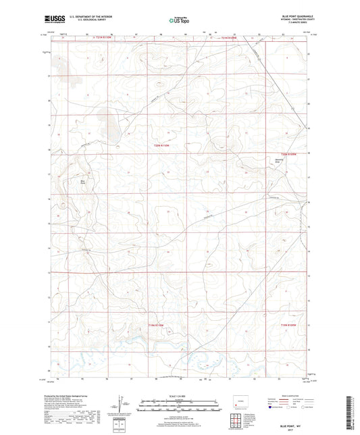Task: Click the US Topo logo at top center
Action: tap(178, 20)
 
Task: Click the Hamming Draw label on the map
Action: tap(284, 161)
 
